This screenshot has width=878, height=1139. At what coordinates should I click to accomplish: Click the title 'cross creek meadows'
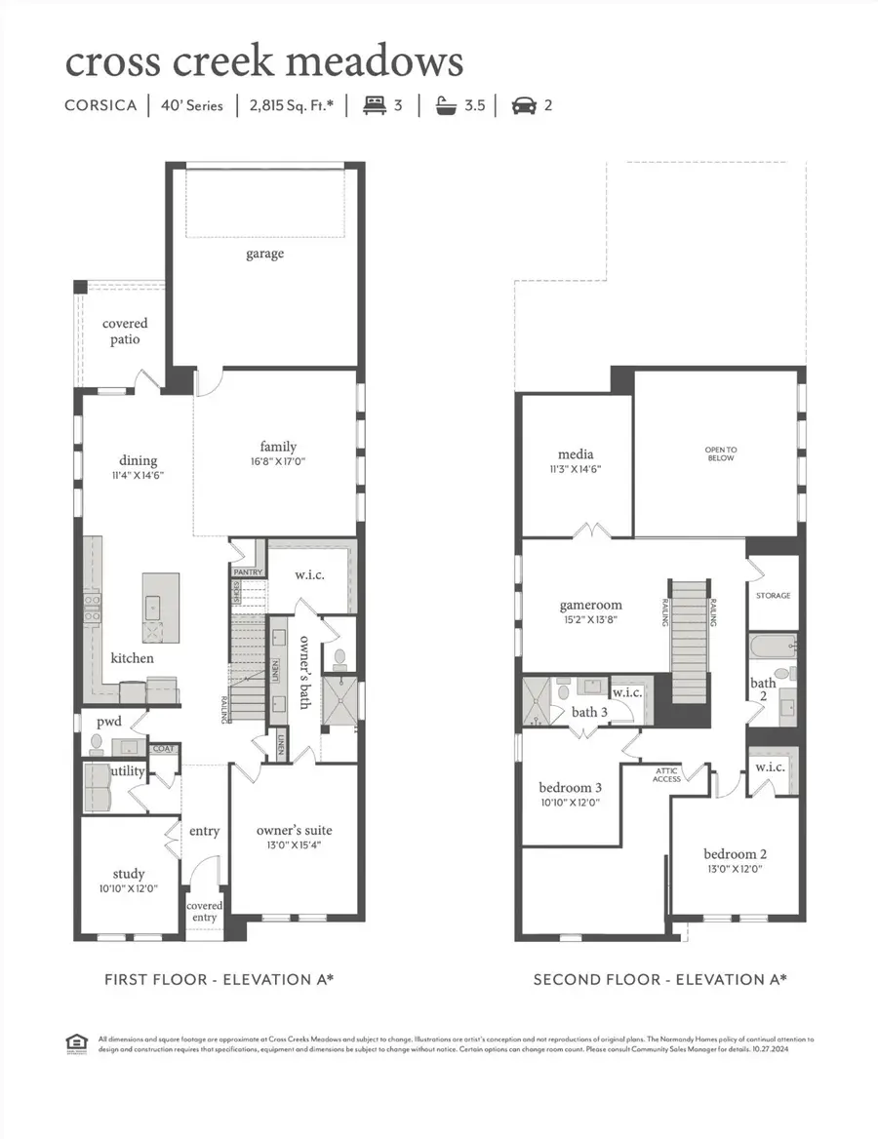click(263, 61)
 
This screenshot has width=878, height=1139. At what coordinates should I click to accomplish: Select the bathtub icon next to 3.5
click(448, 104)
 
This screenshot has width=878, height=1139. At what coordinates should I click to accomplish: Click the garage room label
click(264, 254)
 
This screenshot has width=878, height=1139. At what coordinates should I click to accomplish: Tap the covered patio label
click(125, 332)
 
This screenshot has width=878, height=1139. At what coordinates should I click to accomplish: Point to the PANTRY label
click(248, 572)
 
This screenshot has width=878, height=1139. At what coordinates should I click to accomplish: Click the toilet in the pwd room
click(97, 744)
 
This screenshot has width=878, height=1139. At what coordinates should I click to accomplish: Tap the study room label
click(128, 874)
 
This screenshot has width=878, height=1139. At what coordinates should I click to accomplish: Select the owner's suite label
click(294, 830)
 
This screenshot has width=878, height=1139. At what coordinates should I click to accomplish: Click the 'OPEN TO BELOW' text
click(720, 453)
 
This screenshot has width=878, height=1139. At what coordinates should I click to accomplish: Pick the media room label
click(577, 454)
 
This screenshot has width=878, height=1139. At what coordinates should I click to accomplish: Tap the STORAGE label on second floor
click(773, 595)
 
